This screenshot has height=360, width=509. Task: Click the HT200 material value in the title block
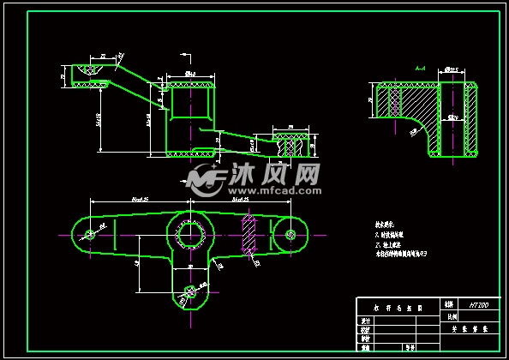click(x=478, y=304)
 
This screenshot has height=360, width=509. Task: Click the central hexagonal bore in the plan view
click(x=189, y=233)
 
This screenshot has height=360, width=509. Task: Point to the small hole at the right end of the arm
click(x=291, y=233)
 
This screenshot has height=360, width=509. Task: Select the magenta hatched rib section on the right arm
click(x=249, y=234)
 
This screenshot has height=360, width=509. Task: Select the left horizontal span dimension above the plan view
click(x=139, y=200)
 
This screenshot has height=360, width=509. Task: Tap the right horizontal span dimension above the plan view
click(x=241, y=200)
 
